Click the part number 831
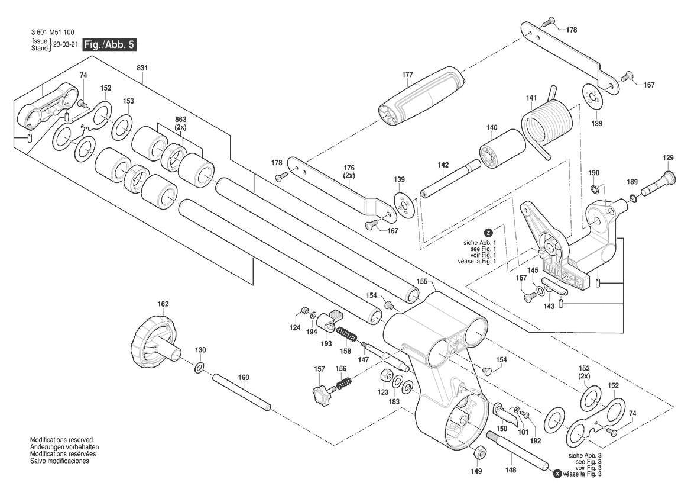coord(142,69)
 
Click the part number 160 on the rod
coord(244,378)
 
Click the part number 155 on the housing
coord(422,282)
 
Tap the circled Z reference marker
coord(488,233)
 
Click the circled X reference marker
coord(557,474)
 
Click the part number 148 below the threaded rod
coord(510,470)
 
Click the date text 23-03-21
coord(65,45)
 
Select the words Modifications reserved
coord(61,440)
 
